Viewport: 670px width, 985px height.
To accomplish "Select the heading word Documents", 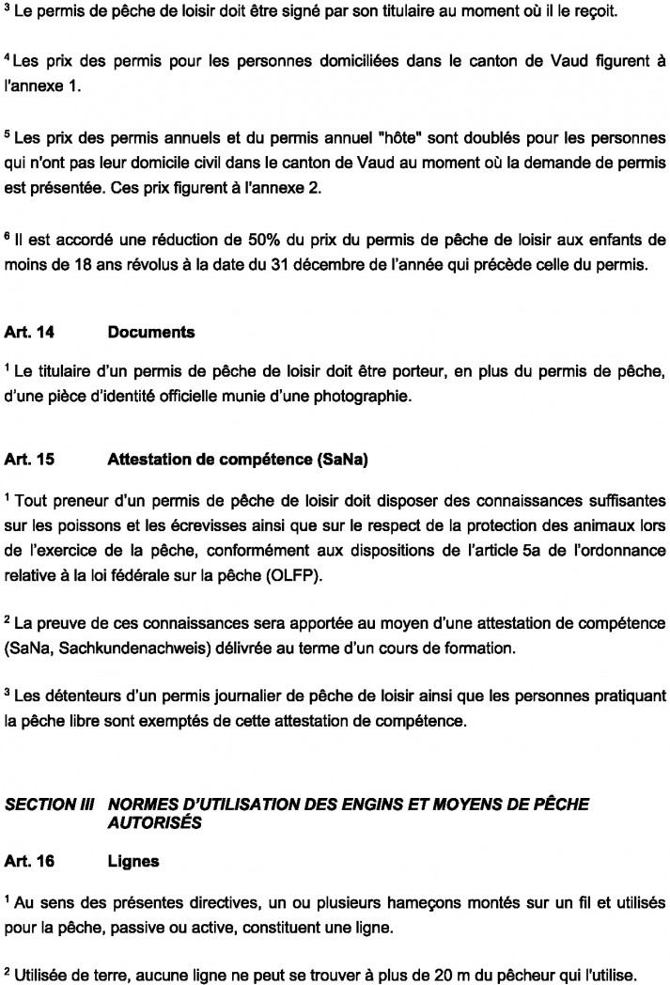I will coord(151,333).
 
